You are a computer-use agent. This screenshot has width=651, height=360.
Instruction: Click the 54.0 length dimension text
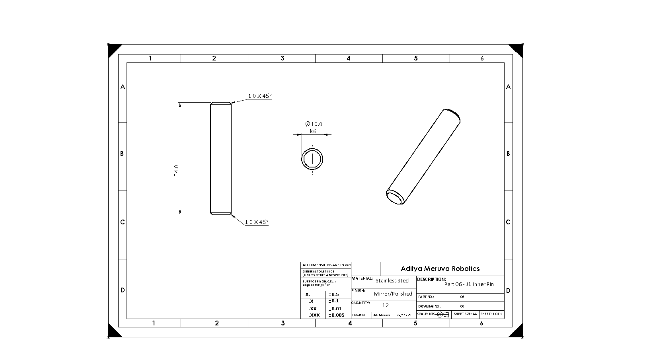click(x=176, y=171)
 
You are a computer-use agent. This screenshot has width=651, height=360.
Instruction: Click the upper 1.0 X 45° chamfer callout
click(x=259, y=96)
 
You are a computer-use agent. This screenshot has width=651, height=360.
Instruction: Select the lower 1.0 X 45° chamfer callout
click(x=256, y=222)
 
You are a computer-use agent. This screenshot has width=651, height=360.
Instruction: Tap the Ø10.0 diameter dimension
click(x=314, y=124)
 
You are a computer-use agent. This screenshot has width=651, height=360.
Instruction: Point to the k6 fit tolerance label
click(x=313, y=131)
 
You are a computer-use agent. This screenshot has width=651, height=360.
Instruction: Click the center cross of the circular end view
click(x=313, y=159)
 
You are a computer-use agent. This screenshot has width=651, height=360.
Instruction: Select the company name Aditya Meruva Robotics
click(x=440, y=269)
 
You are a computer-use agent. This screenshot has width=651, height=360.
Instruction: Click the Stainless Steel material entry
click(x=392, y=280)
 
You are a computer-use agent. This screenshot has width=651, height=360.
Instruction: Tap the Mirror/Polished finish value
click(x=393, y=294)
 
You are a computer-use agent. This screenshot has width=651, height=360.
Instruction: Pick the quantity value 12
click(x=385, y=305)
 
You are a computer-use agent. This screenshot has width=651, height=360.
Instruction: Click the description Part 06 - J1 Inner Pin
click(x=469, y=284)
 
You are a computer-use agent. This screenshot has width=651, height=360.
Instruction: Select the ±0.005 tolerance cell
click(x=336, y=315)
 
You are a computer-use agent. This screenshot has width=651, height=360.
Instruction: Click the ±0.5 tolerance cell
click(x=333, y=294)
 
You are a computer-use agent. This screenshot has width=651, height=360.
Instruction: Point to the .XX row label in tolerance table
click(x=312, y=308)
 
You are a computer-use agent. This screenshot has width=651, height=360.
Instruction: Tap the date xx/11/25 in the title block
click(x=404, y=315)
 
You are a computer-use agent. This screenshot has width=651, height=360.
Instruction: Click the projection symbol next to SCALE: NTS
click(x=442, y=314)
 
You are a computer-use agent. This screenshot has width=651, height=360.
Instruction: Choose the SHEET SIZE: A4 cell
click(x=465, y=314)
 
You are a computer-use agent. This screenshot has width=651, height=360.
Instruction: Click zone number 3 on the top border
click(x=282, y=58)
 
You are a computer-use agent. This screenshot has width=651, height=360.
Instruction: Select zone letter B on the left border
click(x=122, y=154)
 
